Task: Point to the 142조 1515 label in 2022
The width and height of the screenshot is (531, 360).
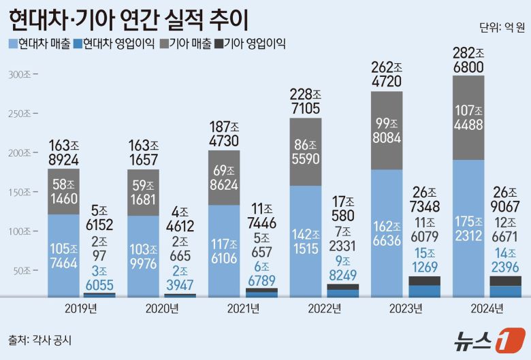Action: pos(307,241)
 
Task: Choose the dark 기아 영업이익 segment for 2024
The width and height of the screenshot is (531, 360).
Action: pos(505,281)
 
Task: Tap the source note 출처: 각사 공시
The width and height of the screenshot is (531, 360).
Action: pos(40,338)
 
